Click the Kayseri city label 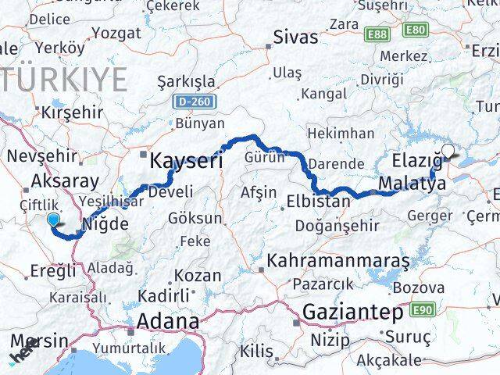pyautogui.click(x=186, y=162)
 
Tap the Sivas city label pyautogui.click(x=295, y=37)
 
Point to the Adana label pyautogui.click(x=167, y=322)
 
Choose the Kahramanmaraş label pyautogui.click(x=338, y=259)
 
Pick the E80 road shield pyautogui.click(x=416, y=30)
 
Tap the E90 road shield pyautogui.click(x=422, y=310)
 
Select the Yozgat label pyautogui.click(x=116, y=33)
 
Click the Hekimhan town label pyautogui.click(x=341, y=134)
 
